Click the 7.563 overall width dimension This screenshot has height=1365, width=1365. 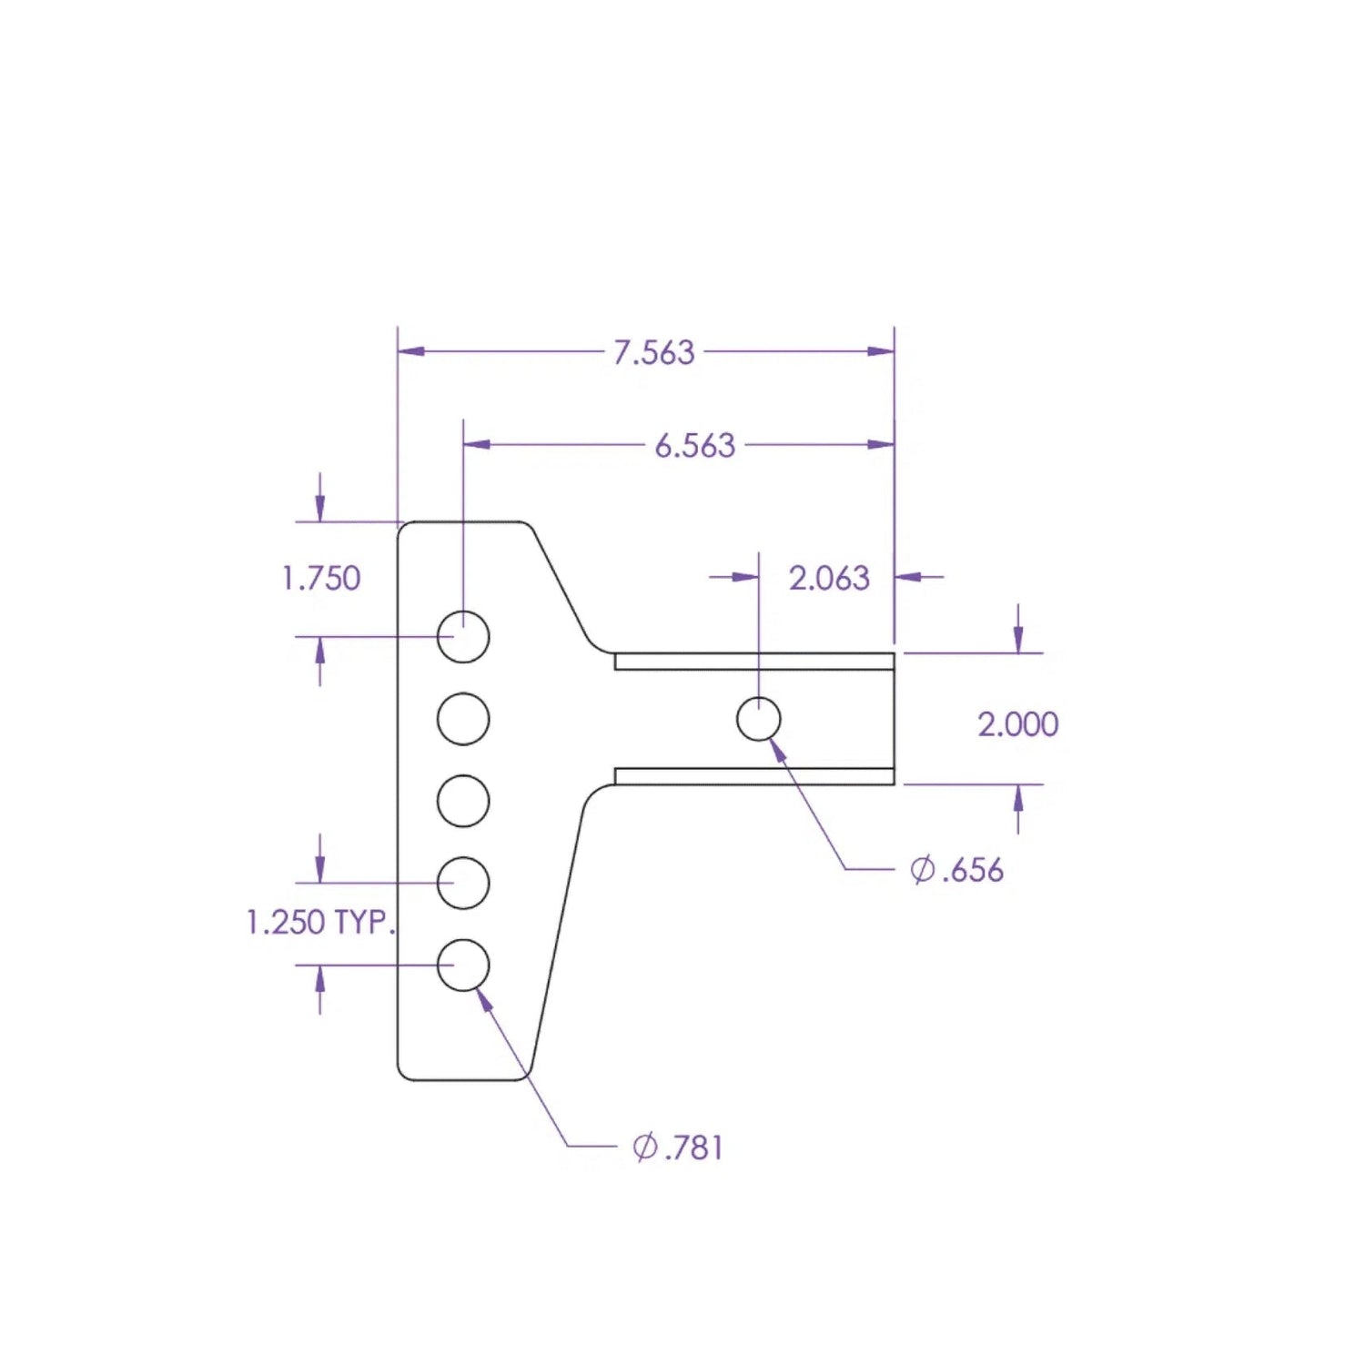click(x=653, y=352)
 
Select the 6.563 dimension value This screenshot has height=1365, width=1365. click(x=694, y=445)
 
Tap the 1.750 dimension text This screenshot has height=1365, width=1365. click(x=321, y=578)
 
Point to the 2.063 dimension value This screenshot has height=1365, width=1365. click(x=828, y=578)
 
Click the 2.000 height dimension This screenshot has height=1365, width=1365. click(x=1017, y=724)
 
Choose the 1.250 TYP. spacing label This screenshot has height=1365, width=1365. click(x=321, y=922)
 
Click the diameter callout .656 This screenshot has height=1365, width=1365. click(x=972, y=870)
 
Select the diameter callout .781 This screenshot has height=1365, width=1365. click(x=693, y=1147)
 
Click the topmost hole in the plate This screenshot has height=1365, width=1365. click(x=463, y=636)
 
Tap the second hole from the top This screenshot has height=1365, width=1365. click(x=463, y=719)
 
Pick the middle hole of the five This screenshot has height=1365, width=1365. click(x=463, y=801)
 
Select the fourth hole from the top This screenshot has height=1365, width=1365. click(x=463, y=883)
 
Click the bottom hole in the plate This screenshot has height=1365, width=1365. click(x=463, y=965)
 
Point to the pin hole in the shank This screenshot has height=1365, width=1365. click(x=758, y=720)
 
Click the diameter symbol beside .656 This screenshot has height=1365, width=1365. click(x=922, y=870)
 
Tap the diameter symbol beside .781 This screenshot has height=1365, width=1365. click(x=644, y=1147)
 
